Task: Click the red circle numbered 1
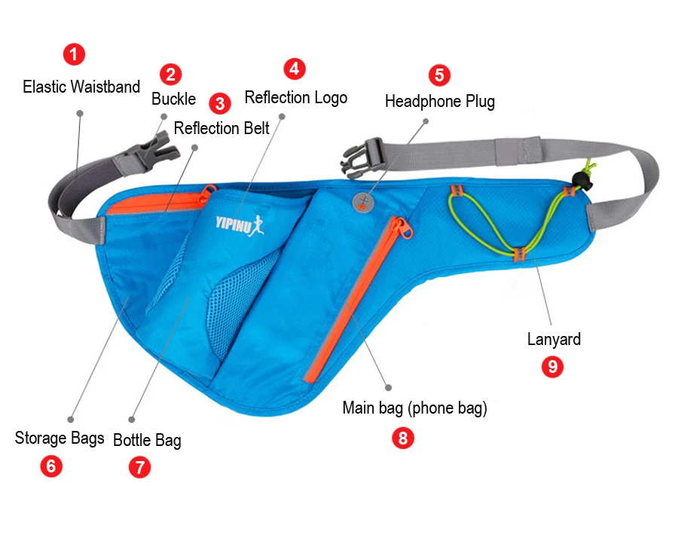(74, 54)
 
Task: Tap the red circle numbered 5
(439, 75)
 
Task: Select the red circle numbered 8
(403, 438)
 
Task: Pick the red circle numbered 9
(553, 367)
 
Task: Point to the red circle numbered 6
(51, 466)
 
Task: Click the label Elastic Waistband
(81, 87)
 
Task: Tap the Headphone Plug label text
(440, 101)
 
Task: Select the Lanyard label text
(554, 339)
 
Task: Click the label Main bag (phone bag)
(414, 408)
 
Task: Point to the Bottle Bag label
(147, 440)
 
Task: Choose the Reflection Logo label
(296, 97)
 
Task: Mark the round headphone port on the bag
(364, 200)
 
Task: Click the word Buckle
(173, 99)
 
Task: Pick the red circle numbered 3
(219, 103)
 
